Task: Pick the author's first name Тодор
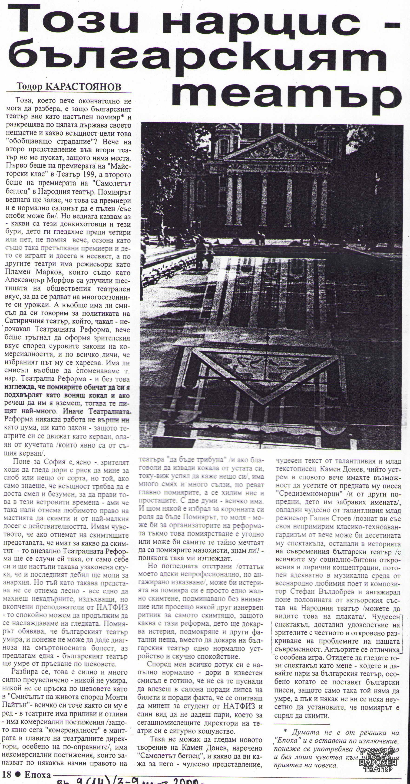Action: pyautogui.click(x=30, y=87)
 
